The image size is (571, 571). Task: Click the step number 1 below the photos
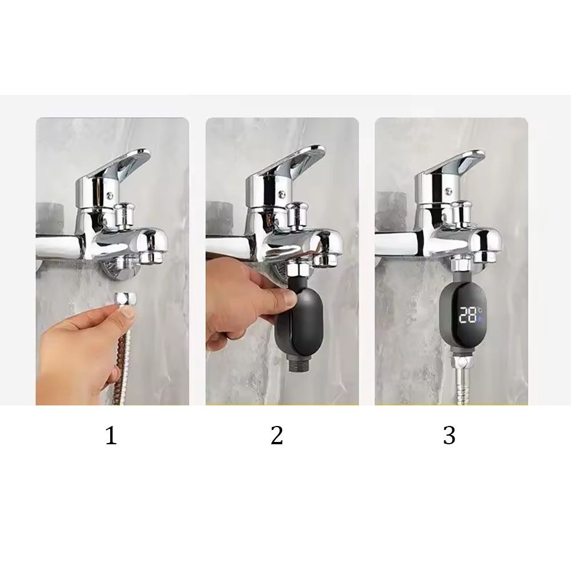(x=111, y=436)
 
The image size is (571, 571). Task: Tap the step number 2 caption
(x=277, y=436)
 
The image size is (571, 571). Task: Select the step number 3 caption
(x=449, y=436)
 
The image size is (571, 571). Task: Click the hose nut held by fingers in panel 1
(x=125, y=301)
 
